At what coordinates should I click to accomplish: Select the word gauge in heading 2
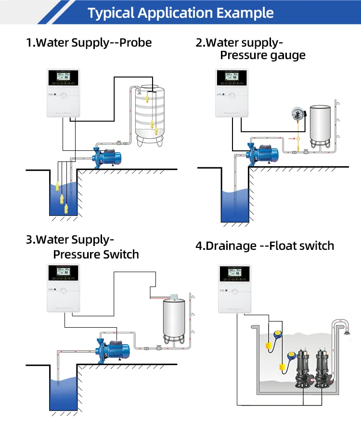[284, 55]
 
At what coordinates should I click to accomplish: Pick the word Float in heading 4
[285, 246]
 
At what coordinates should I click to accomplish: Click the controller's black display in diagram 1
[62, 76]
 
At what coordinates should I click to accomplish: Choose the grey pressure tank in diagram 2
[322, 122]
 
